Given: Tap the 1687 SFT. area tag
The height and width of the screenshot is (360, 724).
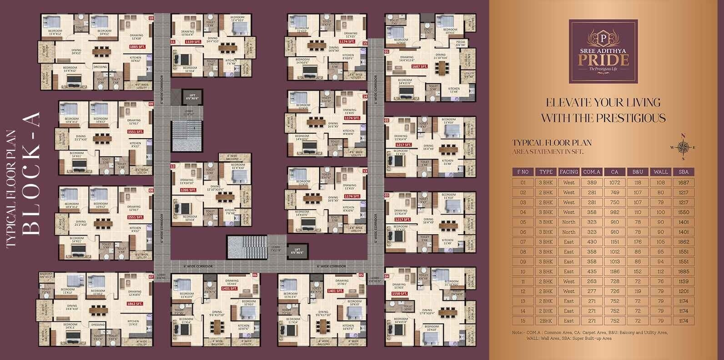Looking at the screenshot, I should coord(419,66).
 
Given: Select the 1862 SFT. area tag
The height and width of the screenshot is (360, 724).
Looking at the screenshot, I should coord(135,304).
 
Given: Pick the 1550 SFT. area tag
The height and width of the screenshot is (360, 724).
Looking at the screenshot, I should coord(399,294).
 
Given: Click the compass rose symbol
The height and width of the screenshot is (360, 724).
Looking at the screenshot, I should coord(682,147).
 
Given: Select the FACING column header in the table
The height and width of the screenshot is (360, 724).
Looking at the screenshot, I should coord(568,172).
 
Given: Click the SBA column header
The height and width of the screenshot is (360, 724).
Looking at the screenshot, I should coord(683,172).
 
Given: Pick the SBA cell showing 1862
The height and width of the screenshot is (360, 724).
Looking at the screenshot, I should coord(683,242).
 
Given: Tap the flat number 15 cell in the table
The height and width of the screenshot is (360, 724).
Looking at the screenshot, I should coord(523,321).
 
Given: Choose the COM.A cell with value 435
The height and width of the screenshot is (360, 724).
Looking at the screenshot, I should coord(592,271).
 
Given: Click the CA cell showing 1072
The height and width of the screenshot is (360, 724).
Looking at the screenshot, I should coord(614,182).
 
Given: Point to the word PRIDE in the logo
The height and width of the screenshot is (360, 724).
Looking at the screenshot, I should coord(603,60).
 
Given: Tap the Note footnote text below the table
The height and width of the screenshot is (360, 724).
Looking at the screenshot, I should coord(590,335).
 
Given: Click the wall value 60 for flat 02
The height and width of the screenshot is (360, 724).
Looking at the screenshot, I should coord(660,192).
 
